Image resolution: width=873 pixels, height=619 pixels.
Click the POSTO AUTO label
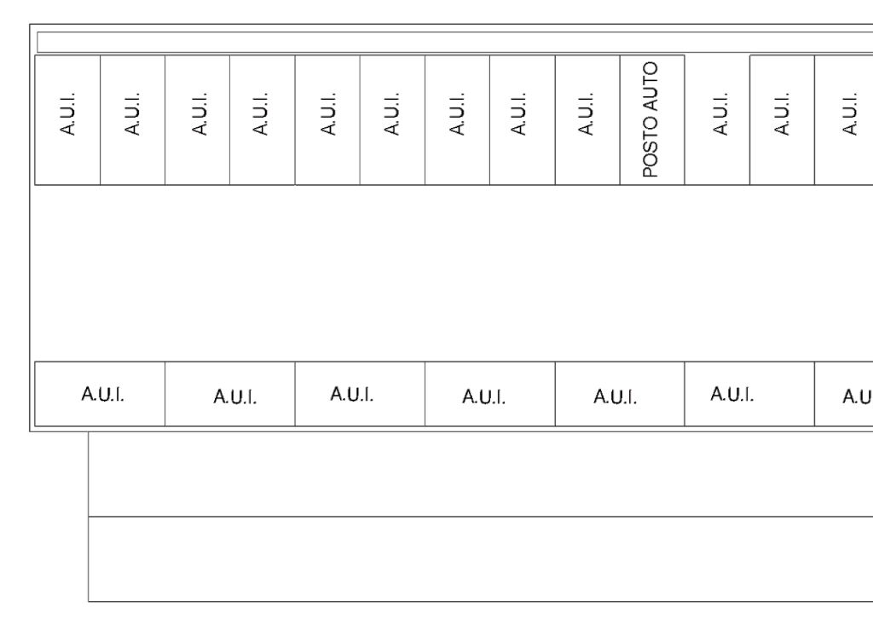pyautogui.click(x=650, y=119)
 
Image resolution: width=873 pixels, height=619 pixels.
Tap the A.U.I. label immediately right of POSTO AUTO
pyautogui.click(x=720, y=114)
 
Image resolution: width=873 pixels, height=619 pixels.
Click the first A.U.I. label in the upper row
pyautogui.click(x=66, y=114)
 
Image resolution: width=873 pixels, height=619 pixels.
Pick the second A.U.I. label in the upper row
pyautogui.click(x=131, y=114)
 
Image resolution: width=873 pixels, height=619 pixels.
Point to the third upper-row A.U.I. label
pyautogui.click(x=199, y=114)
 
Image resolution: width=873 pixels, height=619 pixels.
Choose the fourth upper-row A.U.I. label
pyautogui.click(x=260, y=114)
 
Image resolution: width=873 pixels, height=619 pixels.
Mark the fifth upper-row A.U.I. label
pyautogui.click(x=328, y=114)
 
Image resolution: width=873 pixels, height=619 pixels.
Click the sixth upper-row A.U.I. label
pyautogui.click(x=391, y=114)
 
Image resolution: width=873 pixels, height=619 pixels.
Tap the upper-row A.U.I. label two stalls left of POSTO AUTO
pyautogui.click(x=517, y=114)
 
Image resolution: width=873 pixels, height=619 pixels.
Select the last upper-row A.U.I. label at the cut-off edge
pyautogui.click(x=849, y=114)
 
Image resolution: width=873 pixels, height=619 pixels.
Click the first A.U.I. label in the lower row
pyautogui.click(x=102, y=394)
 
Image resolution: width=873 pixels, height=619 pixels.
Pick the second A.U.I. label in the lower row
pyautogui.click(x=235, y=397)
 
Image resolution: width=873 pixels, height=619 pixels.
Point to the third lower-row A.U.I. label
pyautogui.click(x=352, y=394)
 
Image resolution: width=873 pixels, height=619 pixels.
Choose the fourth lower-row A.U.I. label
pyautogui.click(x=484, y=397)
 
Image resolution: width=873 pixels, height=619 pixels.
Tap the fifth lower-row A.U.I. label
pyautogui.click(x=616, y=397)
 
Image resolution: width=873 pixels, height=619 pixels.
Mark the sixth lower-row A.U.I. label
pyautogui.click(x=732, y=394)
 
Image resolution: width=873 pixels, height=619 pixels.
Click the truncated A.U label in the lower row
pyautogui.click(x=858, y=397)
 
